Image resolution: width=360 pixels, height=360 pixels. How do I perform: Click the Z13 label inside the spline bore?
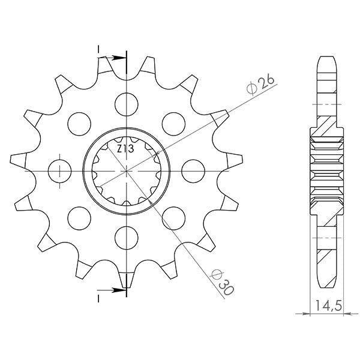pos(125,149)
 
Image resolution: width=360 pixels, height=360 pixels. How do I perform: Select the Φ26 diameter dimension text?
pos(261,85)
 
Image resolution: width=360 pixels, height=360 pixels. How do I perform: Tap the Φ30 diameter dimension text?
pos(222,283)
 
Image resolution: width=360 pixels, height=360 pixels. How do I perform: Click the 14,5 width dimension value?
pos(329,305)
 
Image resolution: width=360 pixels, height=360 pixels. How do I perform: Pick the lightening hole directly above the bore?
pos(127,104)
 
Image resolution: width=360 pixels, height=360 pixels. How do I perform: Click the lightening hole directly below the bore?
pos(127,238)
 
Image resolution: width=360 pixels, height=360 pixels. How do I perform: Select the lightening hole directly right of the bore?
pos(193,171)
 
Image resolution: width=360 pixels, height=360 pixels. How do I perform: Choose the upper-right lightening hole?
pos(173,124)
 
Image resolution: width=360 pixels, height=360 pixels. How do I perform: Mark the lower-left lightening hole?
pos(79,218)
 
